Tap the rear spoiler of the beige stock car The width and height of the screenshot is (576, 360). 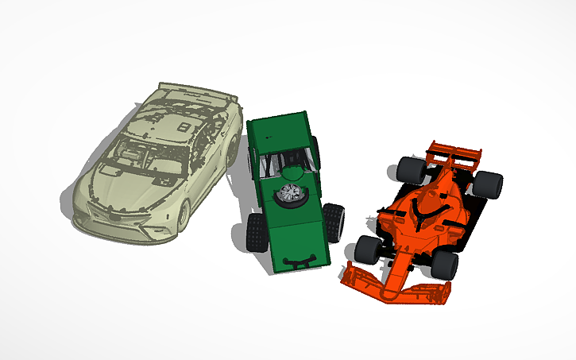click(199, 91)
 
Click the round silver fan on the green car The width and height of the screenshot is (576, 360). click(289, 193)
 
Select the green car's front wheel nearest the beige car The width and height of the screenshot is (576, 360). click(256, 230)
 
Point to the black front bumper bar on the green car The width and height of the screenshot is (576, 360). click(300, 261)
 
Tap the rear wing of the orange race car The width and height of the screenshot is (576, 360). click(456, 153)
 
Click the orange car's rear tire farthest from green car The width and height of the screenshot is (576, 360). click(489, 184)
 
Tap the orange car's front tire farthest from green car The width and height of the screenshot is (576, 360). click(444, 265)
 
